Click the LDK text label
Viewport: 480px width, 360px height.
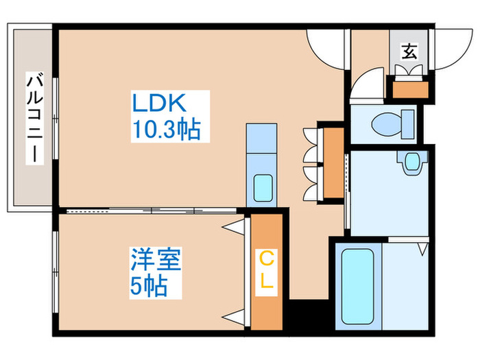point(159,104)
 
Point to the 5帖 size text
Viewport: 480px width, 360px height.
point(149,287)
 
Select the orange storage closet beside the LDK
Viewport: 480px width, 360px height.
point(333,163)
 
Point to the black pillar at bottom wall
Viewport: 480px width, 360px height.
point(302,316)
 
